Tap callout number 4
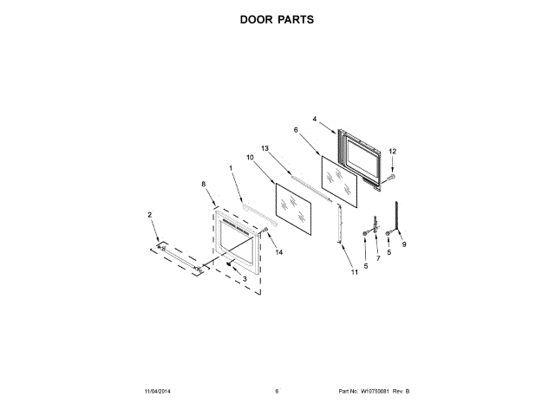coord(315,118)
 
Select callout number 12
coord(392,152)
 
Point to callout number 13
coord(265,149)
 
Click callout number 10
coord(250,158)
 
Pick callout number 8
coord(203,184)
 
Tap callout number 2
coord(149,214)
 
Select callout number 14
coord(279,252)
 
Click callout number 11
coord(354,272)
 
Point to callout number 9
coord(404,244)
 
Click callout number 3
coord(245,278)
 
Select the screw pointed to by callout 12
coord(389,178)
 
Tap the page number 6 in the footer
coord(277,393)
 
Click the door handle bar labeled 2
coord(180,259)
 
